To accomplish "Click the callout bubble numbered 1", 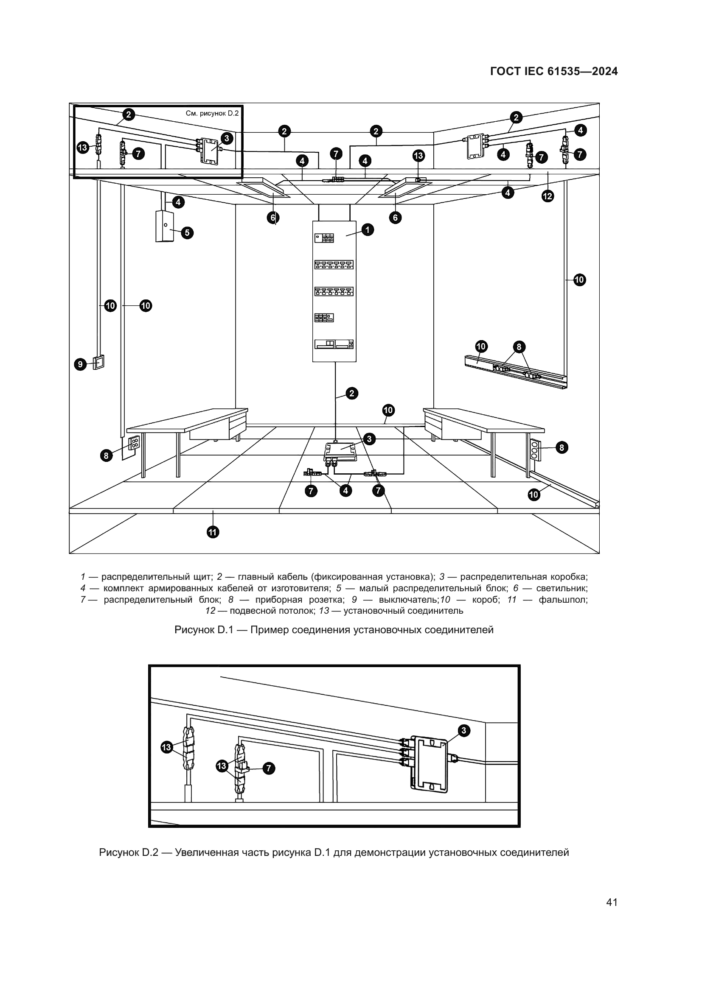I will pos(368,229).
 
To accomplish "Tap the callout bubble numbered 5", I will pos(187,233).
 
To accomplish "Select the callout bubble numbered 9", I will pos(80,364).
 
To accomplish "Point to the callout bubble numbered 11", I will pos(213,532).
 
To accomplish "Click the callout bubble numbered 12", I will pos(548,196).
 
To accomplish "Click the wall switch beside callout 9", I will pos(99,362).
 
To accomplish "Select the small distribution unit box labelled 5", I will pos(164,226).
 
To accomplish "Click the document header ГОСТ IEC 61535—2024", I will pos(554,72).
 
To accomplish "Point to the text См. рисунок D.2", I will pos(212,113).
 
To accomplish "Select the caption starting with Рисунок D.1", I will pos(334,629).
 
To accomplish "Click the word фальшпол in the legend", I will pos(563,600).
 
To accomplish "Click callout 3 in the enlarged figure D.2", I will pos(463,731).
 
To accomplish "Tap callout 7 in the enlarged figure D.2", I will pos(269,768).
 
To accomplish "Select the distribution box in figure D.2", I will pos(429,764).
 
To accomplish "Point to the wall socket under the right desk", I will pos(534,450).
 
